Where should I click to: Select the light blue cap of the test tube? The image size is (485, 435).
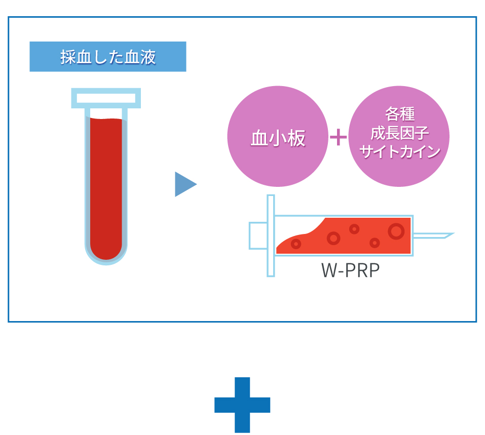point(106,98)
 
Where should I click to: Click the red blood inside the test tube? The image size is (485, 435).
point(106,182)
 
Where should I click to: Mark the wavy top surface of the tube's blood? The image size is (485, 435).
point(106,119)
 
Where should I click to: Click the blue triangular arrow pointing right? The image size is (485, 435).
point(184,184)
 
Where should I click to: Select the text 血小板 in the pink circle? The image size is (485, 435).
point(278,138)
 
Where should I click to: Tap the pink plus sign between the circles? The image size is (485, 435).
point(339,137)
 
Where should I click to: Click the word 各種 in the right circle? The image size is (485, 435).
point(399,114)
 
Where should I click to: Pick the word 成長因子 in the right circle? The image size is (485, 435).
point(399,133)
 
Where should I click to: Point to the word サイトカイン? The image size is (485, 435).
point(399,152)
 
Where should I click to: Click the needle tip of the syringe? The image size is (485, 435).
point(449,234)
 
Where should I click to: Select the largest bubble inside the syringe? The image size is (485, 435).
point(396,231)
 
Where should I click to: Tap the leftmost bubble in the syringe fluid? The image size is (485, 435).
point(296,244)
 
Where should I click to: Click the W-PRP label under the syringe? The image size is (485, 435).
point(350,271)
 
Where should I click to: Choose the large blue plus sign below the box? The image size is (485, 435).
point(242,405)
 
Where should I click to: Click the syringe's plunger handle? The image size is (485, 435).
point(257,235)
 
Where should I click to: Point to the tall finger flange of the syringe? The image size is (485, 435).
point(271,235)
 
